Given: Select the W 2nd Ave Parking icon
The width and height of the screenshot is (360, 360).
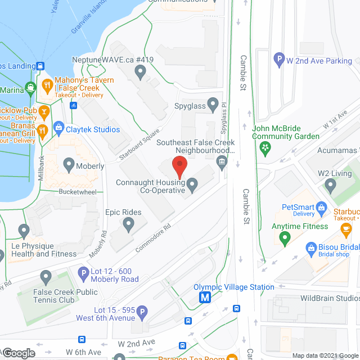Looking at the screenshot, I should tap(278, 57).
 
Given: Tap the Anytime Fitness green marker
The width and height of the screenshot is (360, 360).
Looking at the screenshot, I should tap(285, 239).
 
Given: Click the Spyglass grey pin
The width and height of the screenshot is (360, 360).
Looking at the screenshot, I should tap(213, 103).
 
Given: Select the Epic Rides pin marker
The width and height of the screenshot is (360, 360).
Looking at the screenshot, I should tap(128, 224).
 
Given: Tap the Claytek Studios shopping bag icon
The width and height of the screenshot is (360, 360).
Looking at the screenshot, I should tap(58, 129).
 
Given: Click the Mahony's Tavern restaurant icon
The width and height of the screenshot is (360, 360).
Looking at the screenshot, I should tap(47, 85).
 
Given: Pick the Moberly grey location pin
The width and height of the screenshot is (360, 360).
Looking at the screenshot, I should tap(69, 165).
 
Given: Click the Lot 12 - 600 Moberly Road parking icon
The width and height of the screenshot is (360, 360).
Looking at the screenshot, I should tap(83, 274).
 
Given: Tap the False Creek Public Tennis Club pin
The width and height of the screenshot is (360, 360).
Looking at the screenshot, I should tap(46, 277).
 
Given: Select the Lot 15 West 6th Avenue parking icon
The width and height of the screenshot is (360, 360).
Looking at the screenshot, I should tap(142, 312).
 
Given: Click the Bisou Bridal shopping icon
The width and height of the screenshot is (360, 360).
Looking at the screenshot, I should tap(310, 247).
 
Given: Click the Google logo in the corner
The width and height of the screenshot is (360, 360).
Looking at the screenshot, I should tap(19, 353).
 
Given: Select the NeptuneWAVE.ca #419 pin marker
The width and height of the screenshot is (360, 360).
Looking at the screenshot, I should tap(141, 71).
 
